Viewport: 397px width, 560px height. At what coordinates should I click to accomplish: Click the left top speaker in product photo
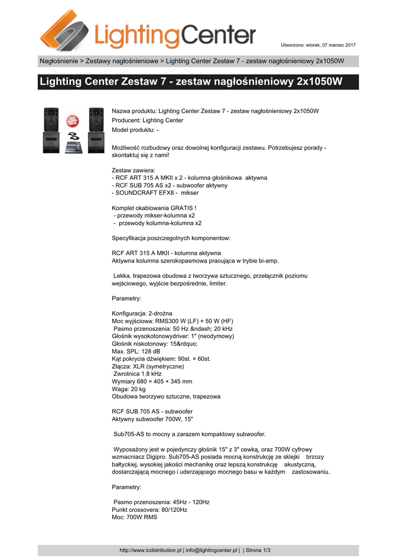point(51,118)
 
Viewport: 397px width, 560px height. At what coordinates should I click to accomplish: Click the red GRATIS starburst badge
point(73,121)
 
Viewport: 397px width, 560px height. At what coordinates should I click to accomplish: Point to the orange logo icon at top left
point(65,31)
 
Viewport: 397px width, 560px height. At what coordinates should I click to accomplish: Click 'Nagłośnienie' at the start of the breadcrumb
point(57,61)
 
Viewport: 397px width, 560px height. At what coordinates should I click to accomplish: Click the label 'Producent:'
point(126,120)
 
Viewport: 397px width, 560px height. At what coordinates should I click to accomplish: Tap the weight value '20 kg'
point(137,389)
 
